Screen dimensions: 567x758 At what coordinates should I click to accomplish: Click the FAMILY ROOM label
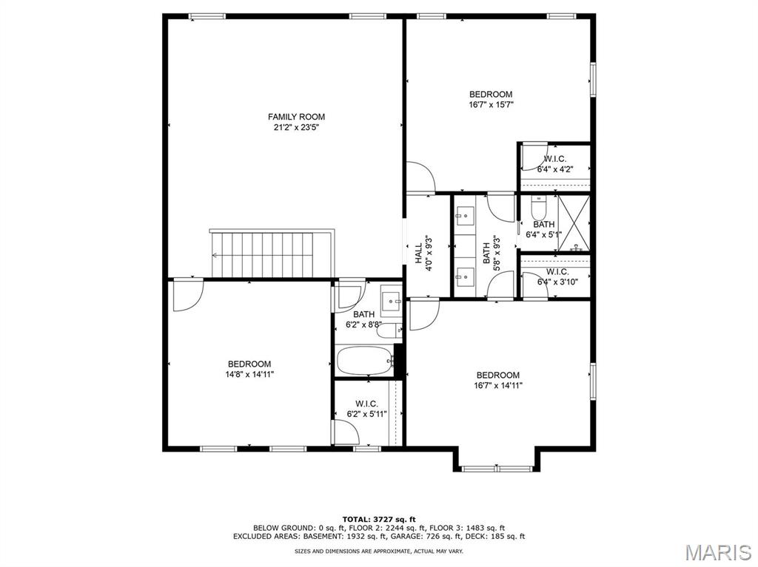[x=296, y=117]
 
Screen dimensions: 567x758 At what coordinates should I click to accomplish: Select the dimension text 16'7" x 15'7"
[x=491, y=105]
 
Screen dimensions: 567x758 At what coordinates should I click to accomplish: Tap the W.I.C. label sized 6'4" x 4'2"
[x=556, y=159]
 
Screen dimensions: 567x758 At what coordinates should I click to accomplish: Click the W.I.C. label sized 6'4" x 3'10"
[x=557, y=271]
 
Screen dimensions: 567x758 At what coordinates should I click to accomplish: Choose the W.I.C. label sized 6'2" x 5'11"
[x=366, y=404]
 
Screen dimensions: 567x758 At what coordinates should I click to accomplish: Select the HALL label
[x=418, y=253]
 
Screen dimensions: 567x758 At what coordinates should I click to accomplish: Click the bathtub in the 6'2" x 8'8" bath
[x=365, y=361]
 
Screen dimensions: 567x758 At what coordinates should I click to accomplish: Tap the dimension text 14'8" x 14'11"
[x=249, y=374]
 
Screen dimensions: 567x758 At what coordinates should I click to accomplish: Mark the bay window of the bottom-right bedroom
[x=494, y=468]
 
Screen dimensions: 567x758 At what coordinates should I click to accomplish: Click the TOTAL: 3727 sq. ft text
[x=379, y=519]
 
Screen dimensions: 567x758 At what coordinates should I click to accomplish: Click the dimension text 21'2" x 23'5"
[x=296, y=127]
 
